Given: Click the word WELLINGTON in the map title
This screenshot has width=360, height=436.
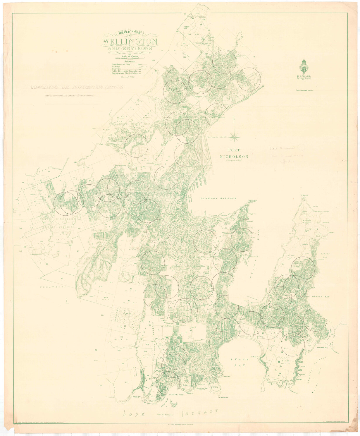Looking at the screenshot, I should pyautogui.click(x=130, y=41).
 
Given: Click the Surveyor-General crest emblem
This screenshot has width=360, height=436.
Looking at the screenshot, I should pyautogui.click(x=304, y=66).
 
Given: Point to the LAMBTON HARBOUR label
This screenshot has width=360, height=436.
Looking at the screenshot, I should pyautogui.click(x=218, y=199).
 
